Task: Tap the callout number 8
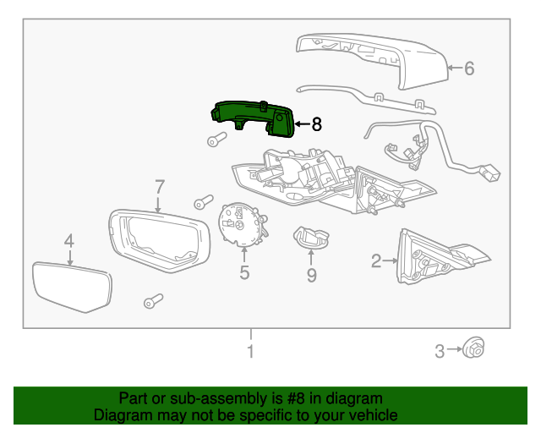(316, 124)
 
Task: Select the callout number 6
(469, 69)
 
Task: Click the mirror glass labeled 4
(71, 288)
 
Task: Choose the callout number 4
(69, 241)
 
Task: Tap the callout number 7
(158, 186)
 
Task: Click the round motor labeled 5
(242, 223)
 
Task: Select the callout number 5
(244, 272)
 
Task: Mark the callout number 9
(311, 275)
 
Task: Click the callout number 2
(376, 261)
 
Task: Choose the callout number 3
(440, 351)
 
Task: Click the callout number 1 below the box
(250, 351)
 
